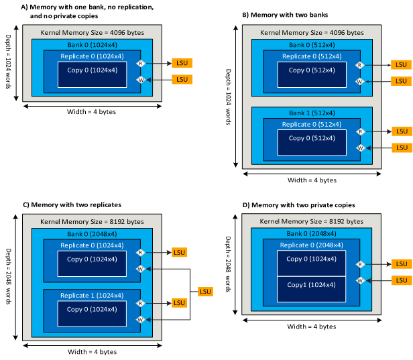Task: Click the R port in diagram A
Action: tap(140, 63)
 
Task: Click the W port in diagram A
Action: tap(140, 79)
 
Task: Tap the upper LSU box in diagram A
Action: tap(182, 63)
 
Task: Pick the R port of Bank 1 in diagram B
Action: tap(360, 131)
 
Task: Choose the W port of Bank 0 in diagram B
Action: tap(360, 82)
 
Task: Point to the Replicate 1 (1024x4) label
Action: tap(91, 296)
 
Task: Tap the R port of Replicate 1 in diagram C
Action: tap(140, 303)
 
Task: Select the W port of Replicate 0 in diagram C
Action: tap(140, 269)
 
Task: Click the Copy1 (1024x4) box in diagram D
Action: tap(312, 285)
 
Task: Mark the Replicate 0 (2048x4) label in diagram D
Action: tap(312, 246)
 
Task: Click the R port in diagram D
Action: tap(360, 264)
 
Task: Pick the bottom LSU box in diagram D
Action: tap(400, 281)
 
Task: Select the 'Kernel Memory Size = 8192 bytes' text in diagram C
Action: tap(91, 221)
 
